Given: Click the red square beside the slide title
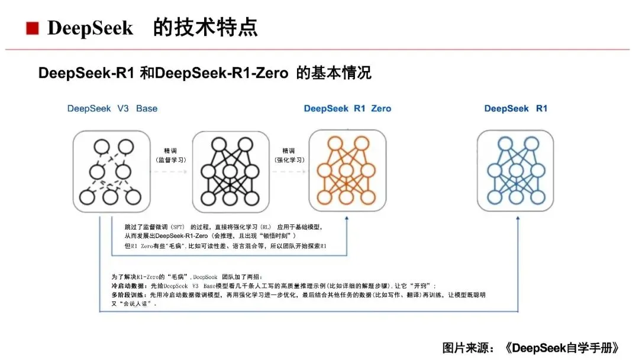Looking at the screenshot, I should coord(33,27).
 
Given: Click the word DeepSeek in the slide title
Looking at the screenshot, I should coord(90,28).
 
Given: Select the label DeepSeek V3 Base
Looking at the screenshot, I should coord(112,108).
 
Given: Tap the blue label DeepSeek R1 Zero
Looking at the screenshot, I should coord(347,108).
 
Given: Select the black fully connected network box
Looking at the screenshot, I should coord(227,171).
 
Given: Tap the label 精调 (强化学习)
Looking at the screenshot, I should coord(288,155).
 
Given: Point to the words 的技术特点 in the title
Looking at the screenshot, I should coord(205,27).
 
